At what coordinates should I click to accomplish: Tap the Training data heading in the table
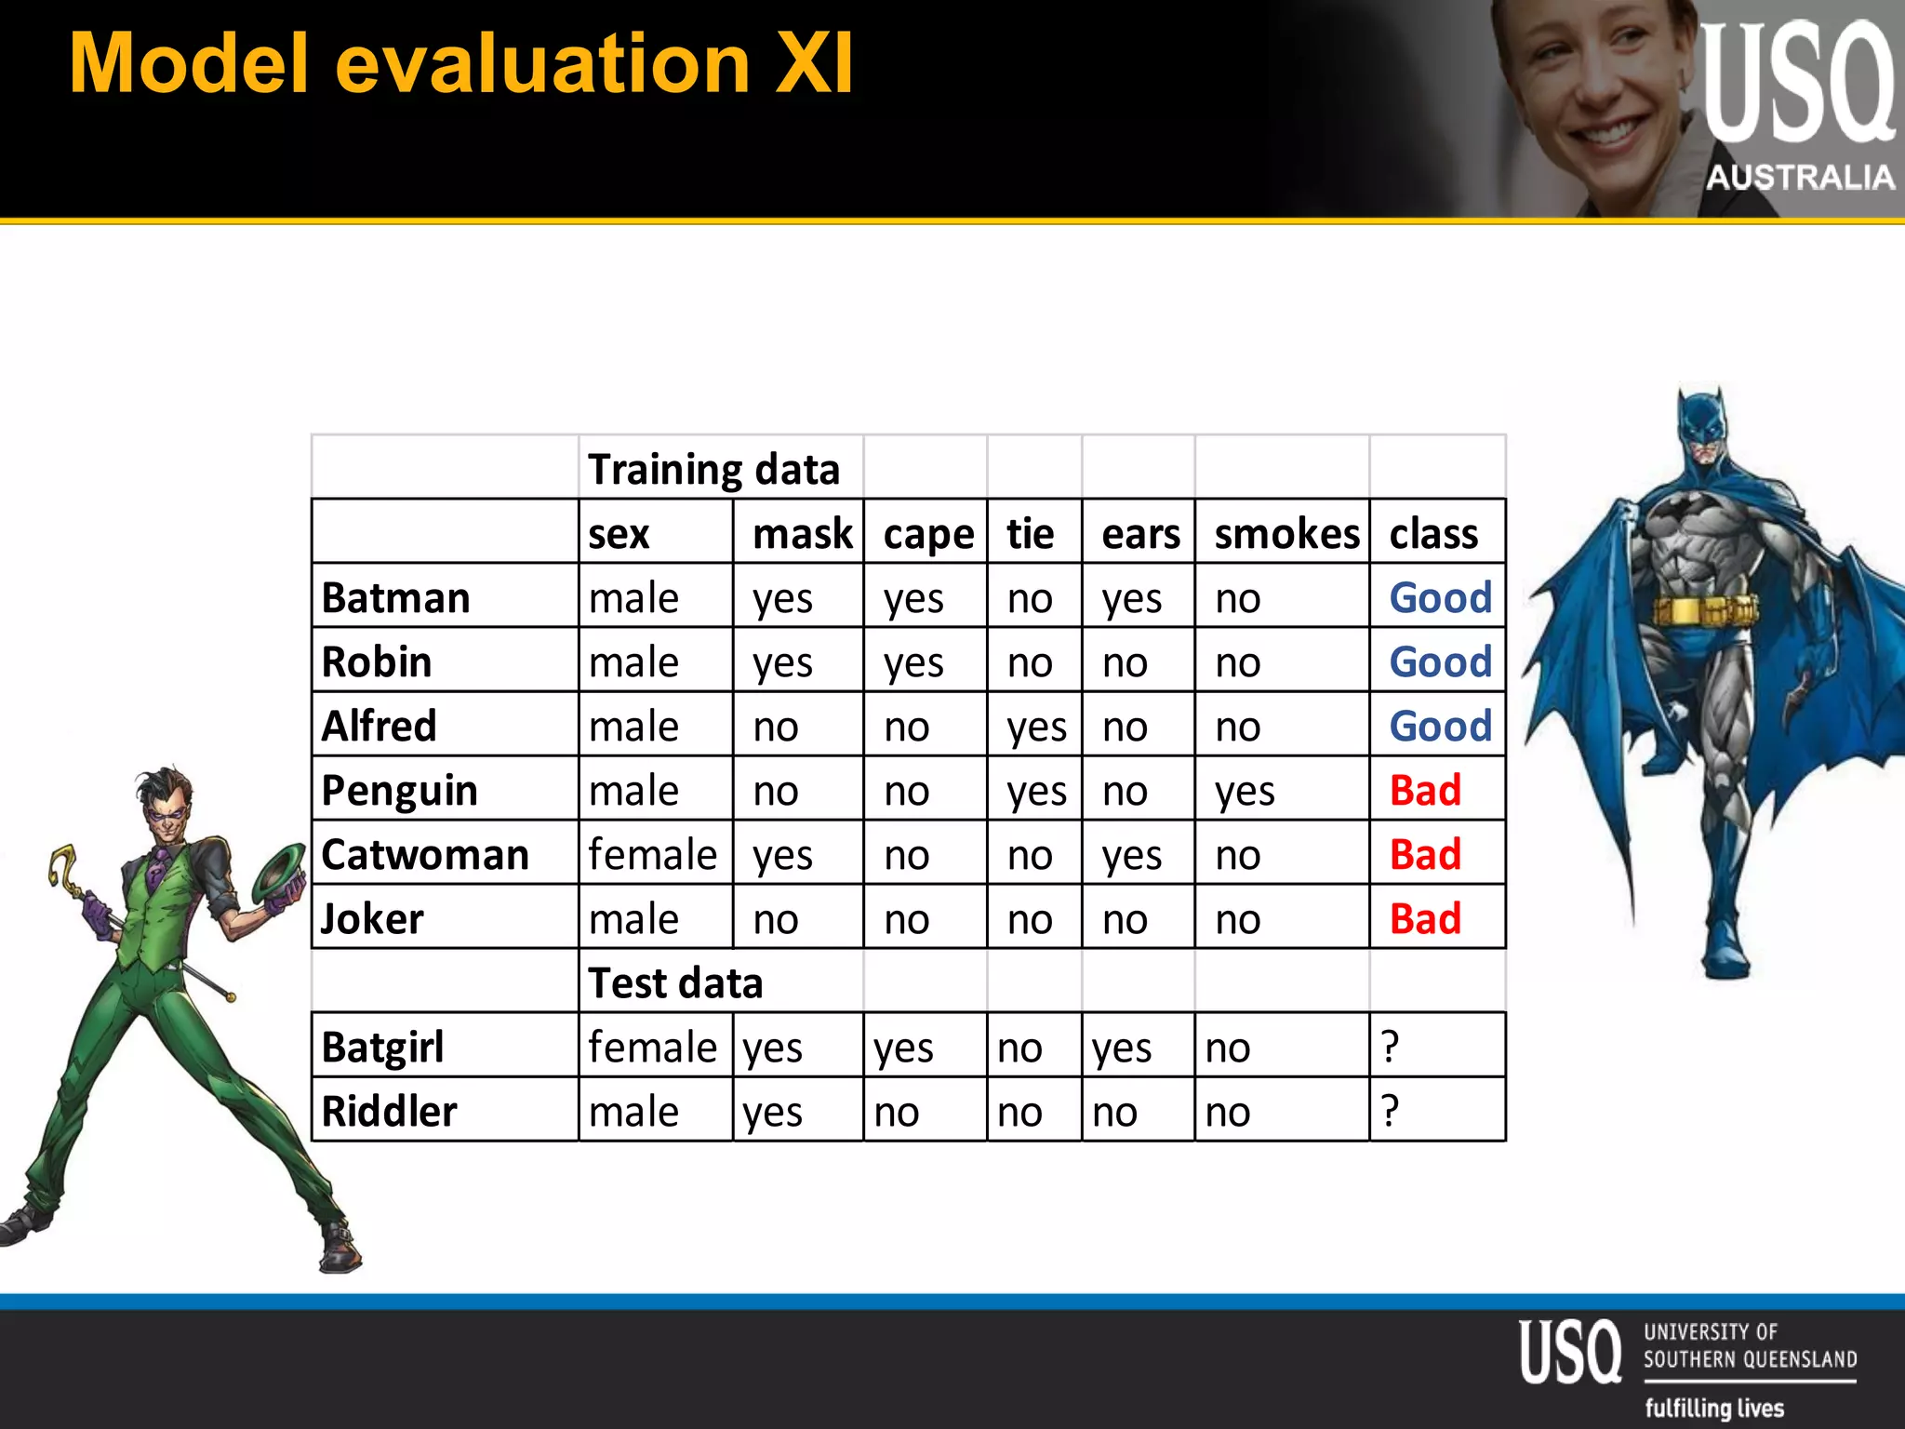[713, 469]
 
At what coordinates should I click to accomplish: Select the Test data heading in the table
[675, 982]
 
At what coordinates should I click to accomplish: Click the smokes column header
[1286, 534]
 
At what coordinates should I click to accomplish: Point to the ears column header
[1140, 534]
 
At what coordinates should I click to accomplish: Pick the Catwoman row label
[425, 854]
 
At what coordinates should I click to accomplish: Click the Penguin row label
[399, 790]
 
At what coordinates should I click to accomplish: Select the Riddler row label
[389, 1111]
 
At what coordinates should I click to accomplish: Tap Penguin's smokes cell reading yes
[1245, 792]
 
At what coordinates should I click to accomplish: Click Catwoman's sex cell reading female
[653, 854]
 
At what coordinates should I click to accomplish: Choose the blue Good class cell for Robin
[1440, 661]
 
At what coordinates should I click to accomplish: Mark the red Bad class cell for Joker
[1425, 918]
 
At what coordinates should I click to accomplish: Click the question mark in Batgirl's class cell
[1390, 1047]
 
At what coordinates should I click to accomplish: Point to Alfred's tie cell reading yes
[1036, 728]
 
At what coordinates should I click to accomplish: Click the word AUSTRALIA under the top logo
[1800, 177]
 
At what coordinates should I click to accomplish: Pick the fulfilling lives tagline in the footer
[1714, 1408]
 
